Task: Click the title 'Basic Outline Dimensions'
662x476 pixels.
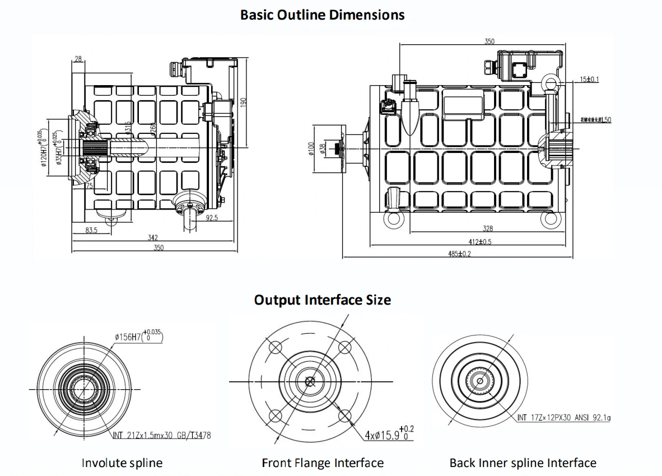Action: [x=322, y=15]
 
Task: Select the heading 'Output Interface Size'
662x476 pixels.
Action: [x=322, y=300]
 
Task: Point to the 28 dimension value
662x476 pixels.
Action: [x=77, y=59]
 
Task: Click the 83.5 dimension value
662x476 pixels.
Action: [x=92, y=230]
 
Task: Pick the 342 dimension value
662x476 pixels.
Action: [x=152, y=238]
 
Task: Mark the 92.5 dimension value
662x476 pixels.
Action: [x=211, y=218]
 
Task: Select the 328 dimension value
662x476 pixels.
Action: [x=488, y=228]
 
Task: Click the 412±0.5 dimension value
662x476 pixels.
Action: [x=480, y=242]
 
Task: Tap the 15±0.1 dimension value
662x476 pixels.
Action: [x=589, y=80]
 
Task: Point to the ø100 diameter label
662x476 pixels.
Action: [x=312, y=148]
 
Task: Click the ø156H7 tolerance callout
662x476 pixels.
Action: [x=138, y=337]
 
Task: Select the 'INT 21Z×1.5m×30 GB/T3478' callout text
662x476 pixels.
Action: [x=162, y=435]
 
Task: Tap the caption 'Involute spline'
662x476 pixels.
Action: [x=122, y=463]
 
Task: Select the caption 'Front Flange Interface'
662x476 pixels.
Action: [x=323, y=463]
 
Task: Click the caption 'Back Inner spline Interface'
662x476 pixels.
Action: [x=523, y=463]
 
